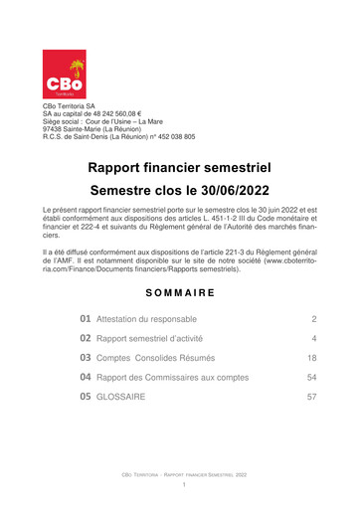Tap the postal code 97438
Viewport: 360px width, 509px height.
[55, 127]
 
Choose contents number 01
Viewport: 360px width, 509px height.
[87, 319]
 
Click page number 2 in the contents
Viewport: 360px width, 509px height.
[313, 319]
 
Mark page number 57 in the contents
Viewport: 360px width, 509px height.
[311, 396]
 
